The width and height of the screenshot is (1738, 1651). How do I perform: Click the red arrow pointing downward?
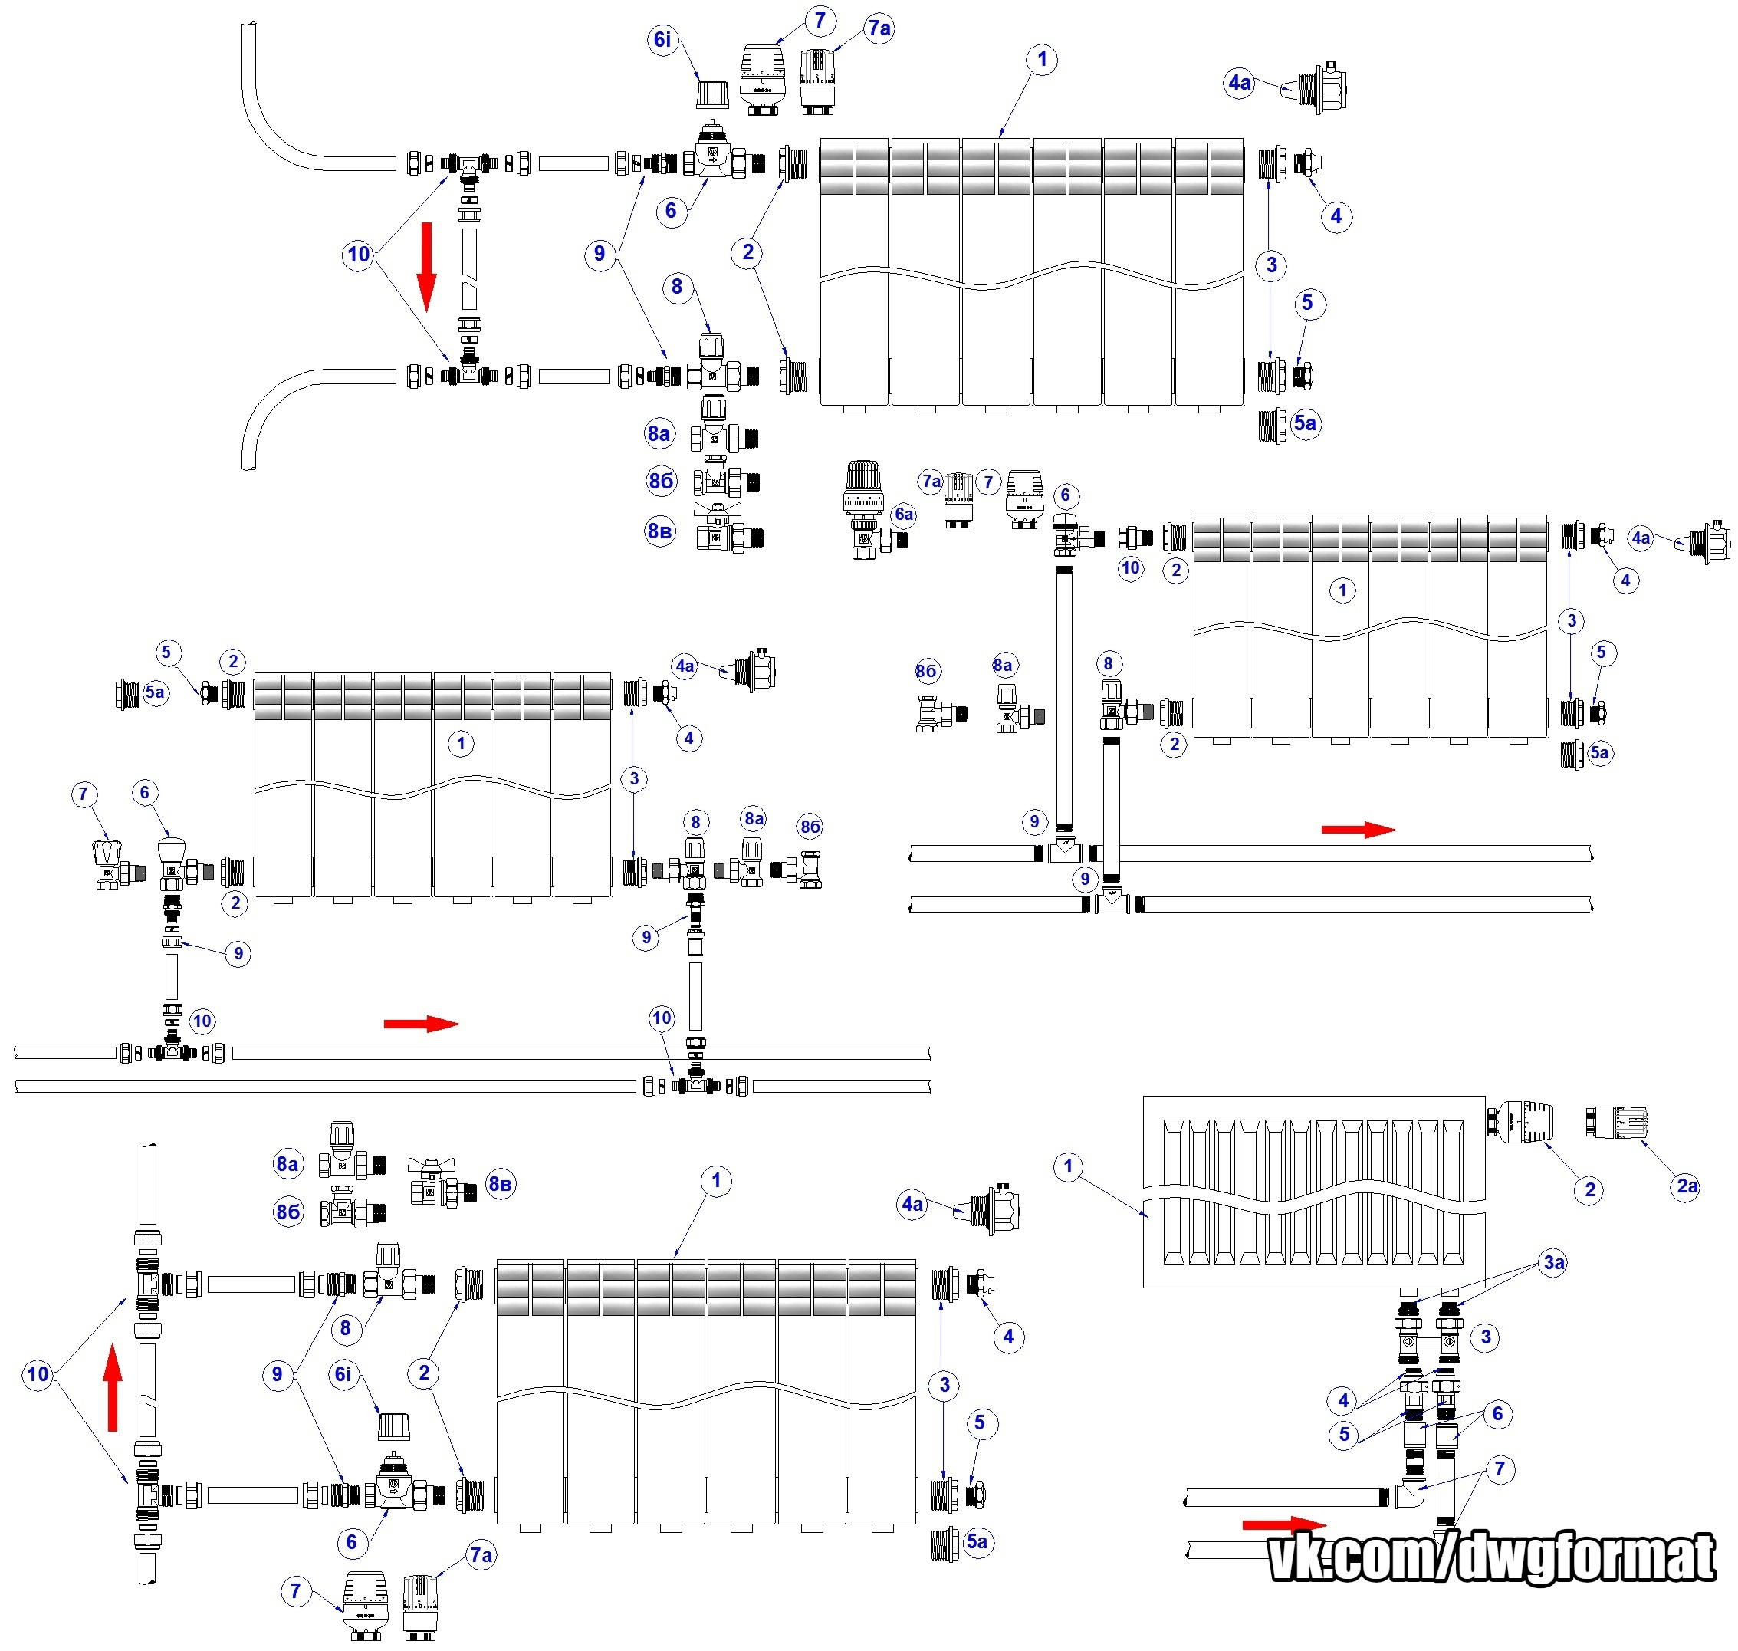(427, 267)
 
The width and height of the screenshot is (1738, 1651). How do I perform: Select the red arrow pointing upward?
(113, 1388)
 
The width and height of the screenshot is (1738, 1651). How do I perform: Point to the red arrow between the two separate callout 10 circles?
(422, 1024)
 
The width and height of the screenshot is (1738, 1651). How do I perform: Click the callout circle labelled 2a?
(1686, 1186)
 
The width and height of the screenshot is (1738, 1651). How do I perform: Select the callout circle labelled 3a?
(1554, 1263)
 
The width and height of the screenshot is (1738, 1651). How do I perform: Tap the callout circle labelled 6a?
(904, 515)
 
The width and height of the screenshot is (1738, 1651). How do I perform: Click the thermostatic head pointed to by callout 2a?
(1617, 1123)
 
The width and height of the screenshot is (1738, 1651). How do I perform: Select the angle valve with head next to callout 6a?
(867, 511)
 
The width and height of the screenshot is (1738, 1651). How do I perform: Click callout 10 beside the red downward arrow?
(358, 255)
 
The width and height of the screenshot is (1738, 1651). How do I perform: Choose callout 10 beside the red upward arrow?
(38, 1375)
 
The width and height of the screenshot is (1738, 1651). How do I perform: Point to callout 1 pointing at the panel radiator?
(1067, 1167)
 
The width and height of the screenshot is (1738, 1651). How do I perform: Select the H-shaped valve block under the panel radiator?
(1428, 1342)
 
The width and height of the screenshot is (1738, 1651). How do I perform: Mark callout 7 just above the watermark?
(1500, 1468)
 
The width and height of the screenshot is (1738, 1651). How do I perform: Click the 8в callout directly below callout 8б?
(660, 531)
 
